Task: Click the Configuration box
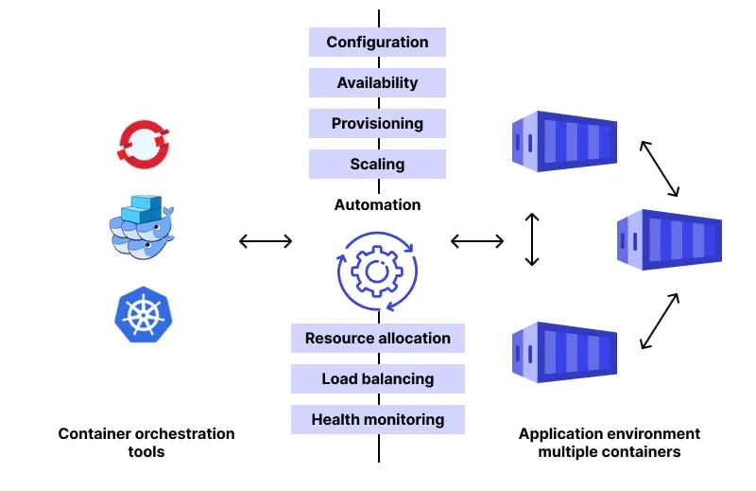point(377,43)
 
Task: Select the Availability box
point(377,83)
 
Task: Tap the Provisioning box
point(377,124)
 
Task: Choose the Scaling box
point(377,165)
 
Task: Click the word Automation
point(377,204)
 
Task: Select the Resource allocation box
point(377,339)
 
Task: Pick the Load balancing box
point(377,379)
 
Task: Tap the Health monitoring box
point(377,420)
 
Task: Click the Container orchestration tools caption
point(146,443)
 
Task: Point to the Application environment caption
point(610,443)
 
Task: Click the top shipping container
point(563,141)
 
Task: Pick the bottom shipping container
point(563,353)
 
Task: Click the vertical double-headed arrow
point(532,239)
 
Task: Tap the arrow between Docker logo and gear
point(266,241)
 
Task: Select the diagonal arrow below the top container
point(660,168)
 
